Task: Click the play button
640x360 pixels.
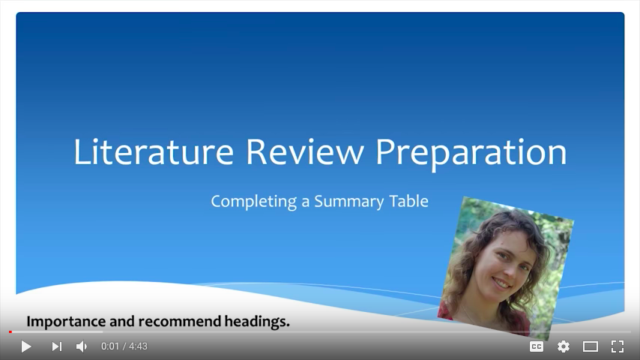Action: [x=26, y=346]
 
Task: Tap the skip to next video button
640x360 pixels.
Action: [x=57, y=346]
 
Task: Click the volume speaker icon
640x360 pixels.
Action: [x=82, y=346]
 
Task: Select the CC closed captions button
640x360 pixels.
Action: [x=537, y=346]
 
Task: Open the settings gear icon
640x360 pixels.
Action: [x=564, y=346]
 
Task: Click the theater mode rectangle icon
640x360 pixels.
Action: [x=591, y=346]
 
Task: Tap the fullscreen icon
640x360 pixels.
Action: [x=618, y=346]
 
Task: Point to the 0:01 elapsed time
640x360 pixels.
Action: [x=110, y=346]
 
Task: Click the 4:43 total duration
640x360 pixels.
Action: [x=138, y=346]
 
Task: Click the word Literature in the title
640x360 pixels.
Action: [x=154, y=152]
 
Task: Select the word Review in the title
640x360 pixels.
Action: [x=304, y=152]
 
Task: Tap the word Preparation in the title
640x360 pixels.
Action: [x=471, y=154]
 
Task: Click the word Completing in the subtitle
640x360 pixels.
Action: [x=253, y=202]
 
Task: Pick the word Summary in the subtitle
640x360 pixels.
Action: [x=349, y=202]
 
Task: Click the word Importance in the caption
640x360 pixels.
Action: [x=66, y=322]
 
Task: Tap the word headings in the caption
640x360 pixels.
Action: [x=256, y=322]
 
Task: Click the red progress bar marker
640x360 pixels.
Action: [x=10, y=331]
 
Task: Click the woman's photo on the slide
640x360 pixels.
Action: [x=506, y=268]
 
